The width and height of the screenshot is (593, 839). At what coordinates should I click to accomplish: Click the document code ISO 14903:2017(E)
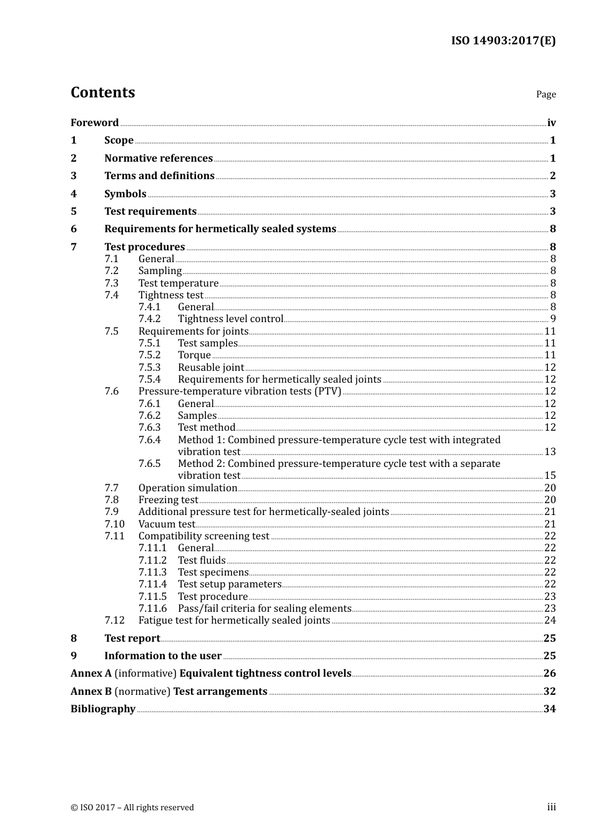click(503, 41)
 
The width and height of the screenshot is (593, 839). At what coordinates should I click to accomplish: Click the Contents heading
click(102, 92)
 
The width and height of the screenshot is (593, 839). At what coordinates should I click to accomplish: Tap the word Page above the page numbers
click(546, 94)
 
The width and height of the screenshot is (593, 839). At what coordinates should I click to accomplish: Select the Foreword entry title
click(94, 123)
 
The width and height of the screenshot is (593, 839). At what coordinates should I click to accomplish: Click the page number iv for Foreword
click(551, 123)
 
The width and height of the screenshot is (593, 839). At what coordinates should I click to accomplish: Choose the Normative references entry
click(159, 159)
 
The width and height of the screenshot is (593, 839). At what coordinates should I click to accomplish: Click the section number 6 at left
click(74, 229)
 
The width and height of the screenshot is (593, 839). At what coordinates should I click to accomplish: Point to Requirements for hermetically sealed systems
click(220, 229)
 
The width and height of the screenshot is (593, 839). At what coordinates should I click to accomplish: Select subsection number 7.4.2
click(149, 319)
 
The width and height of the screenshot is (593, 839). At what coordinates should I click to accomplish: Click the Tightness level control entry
click(230, 319)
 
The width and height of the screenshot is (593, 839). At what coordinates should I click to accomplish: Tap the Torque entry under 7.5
click(194, 355)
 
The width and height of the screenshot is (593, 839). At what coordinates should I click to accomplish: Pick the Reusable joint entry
click(211, 368)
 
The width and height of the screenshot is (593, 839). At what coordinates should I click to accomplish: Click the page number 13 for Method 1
click(550, 452)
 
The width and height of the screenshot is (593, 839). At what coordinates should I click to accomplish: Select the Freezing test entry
click(168, 500)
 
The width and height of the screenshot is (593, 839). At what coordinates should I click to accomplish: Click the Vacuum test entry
click(167, 524)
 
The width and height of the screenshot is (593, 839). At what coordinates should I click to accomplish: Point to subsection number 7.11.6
click(153, 609)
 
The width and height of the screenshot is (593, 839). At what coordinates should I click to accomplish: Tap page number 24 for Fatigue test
click(550, 621)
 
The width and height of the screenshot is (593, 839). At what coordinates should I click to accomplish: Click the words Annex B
click(91, 692)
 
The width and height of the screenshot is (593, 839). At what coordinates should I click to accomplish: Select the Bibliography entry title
click(103, 709)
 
